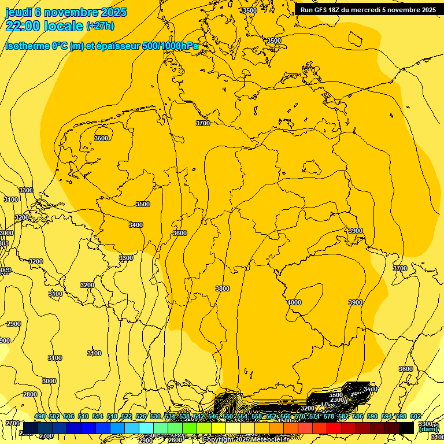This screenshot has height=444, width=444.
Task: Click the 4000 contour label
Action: click(x=294, y=302)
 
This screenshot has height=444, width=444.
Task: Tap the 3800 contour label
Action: click(x=222, y=288)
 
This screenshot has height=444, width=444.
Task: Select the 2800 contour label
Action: click(x=30, y=394)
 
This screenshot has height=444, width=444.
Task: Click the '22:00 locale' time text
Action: click(x=44, y=26)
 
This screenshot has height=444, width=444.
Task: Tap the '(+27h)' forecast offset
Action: click(x=100, y=26)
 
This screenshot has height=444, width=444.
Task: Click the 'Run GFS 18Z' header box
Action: click(x=368, y=10)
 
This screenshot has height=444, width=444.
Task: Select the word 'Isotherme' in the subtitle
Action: click(x=27, y=46)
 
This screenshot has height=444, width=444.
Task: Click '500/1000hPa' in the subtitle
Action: click(x=171, y=46)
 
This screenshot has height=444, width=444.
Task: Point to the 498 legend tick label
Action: click(x=40, y=416)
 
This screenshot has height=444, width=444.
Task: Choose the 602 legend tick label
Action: click(x=415, y=416)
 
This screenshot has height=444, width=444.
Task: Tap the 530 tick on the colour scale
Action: click(x=156, y=416)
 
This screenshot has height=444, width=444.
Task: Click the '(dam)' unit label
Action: click(x=428, y=429)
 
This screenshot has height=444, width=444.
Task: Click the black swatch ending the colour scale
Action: click(x=406, y=428)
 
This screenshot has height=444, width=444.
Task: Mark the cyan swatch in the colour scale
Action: click(x=146, y=428)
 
